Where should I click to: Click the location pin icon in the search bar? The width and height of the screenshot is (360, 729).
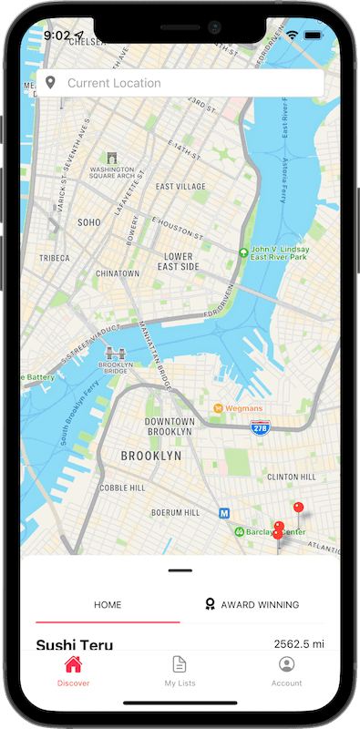click(x=51, y=83)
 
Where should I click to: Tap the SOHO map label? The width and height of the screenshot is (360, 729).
click(x=89, y=221)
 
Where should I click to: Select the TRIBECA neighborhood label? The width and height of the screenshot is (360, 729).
click(x=55, y=258)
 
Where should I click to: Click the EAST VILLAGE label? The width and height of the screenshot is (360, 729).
click(x=180, y=187)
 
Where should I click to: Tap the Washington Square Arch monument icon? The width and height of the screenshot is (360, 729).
click(x=112, y=157)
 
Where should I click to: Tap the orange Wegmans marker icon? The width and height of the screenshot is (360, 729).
click(x=218, y=407)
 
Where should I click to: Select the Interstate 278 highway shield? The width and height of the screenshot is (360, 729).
click(x=260, y=426)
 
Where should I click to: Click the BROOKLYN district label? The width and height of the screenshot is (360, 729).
click(x=151, y=456)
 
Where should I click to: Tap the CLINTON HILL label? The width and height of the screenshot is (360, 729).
click(x=291, y=477)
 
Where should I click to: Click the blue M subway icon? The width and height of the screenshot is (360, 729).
click(x=223, y=513)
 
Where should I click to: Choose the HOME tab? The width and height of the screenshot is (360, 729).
click(x=108, y=604)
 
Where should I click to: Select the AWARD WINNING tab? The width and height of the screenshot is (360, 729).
click(x=252, y=604)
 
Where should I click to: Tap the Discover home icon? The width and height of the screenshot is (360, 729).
click(x=73, y=664)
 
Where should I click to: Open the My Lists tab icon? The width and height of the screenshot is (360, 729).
click(x=180, y=664)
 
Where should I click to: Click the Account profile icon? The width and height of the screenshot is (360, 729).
click(x=286, y=664)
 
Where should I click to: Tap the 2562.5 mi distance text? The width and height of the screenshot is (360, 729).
click(x=298, y=644)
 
